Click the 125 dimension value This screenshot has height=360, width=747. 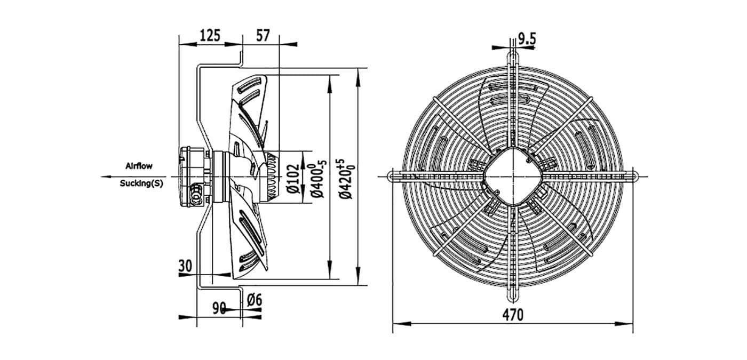[210, 35]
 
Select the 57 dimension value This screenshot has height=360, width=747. [263, 35]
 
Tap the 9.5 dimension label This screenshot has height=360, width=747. [527, 39]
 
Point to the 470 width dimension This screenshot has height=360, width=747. [513, 315]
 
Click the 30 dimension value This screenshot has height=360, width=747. [186, 266]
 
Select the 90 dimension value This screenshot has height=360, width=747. [219, 308]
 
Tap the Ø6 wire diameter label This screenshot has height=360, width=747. [255, 300]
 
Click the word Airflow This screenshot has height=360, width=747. [139, 166]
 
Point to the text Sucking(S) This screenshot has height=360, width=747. [142, 183]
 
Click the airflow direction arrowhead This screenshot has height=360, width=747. [106, 177]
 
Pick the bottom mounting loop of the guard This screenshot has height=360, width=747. [513, 295]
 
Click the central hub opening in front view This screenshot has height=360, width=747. [513, 177]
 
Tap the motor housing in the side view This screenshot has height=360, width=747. [193, 177]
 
